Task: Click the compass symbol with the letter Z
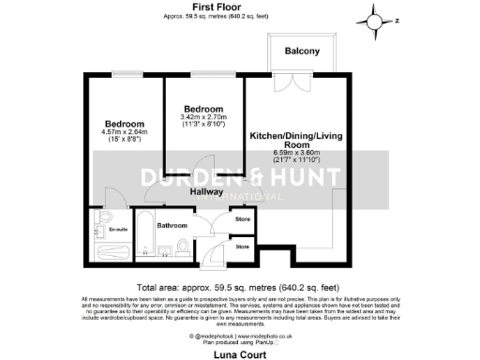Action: coord(375,20)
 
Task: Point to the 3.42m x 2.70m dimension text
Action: coord(203,117)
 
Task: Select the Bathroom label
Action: coord(172,226)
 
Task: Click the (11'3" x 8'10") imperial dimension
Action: coord(203,126)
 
